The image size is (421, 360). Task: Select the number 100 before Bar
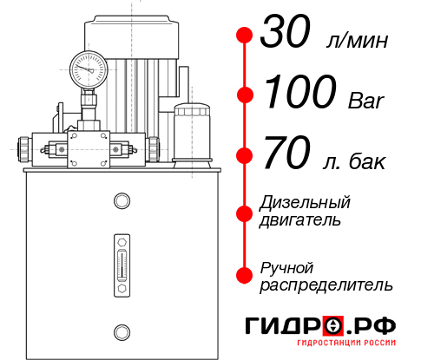pyautogui.click(x=300, y=94)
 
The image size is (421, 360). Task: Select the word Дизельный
pyautogui.click(x=305, y=202)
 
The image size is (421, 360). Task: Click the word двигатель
pyautogui.click(x=300, y=220)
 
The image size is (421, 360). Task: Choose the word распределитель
pyautogui.click(x=326, y=285)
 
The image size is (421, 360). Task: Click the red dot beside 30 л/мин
pyautogui.click(x=244, y=36)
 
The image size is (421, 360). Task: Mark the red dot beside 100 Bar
pyautogui.click(x=244, y=94)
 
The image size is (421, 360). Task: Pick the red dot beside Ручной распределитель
pyautogui.click(x=244, y=274)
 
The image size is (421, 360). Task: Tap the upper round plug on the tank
pyautogui.click(x=121, y=202)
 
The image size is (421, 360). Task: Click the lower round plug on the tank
pyautogui.click(x=121, y=331)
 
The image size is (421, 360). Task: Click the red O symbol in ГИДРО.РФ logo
pyautogui.click(x=332, y=326)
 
